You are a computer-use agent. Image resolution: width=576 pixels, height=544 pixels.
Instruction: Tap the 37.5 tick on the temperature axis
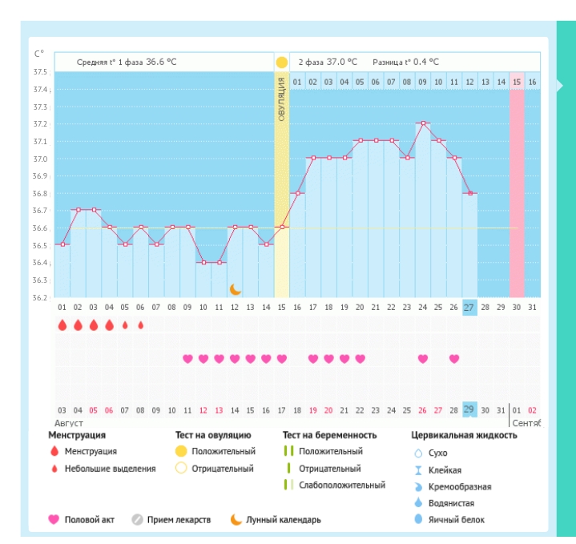pyautogui.click(x=40, y=72)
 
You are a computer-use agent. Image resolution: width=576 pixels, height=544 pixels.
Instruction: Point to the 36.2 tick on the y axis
pyautogui.click(x=40, y=297)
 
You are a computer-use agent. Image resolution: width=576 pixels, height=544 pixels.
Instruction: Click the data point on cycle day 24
pyautogui.click(x=423, y=123)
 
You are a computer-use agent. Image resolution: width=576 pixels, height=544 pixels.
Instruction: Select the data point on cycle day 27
pyautogui.click(x=470, y=193)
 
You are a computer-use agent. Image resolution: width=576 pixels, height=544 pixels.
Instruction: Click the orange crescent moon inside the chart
pyautogui.click(x=236, y=289)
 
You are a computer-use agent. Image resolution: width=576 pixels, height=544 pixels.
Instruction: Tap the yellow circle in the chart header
pyautogui.click(x=282, y=62)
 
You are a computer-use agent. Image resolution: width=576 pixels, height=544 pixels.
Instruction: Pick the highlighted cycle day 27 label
pyautogui.click(x=470, y=308)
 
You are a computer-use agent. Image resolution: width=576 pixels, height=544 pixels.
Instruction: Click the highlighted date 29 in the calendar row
pyautogui.click(x=470, y=410)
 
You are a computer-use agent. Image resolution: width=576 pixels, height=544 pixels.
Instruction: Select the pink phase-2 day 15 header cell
pyautogui.click(x=517, y=82)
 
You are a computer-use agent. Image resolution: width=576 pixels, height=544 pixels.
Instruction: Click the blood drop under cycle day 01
pyautogui.click(x=62, y=325)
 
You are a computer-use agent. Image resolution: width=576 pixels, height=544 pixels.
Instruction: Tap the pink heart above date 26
pyautogui.click(x=423, y=358)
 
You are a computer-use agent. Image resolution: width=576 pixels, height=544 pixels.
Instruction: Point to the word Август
pyautogui.click(x=69, y=422)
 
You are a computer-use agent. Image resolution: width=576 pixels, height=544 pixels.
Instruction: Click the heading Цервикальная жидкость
pyautogui.click(x=464, y=435)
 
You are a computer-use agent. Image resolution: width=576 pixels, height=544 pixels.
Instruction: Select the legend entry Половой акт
pyautogui.click(x=89, y=519)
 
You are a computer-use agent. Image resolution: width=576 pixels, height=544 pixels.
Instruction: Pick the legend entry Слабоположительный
pyautogui.click(x=341, y=485)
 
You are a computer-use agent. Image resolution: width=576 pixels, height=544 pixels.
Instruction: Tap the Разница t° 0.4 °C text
pyautogui.click(x=405, y=62)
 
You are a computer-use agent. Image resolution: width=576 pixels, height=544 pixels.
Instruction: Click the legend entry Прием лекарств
pyautogui.click(x=179, y=519)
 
